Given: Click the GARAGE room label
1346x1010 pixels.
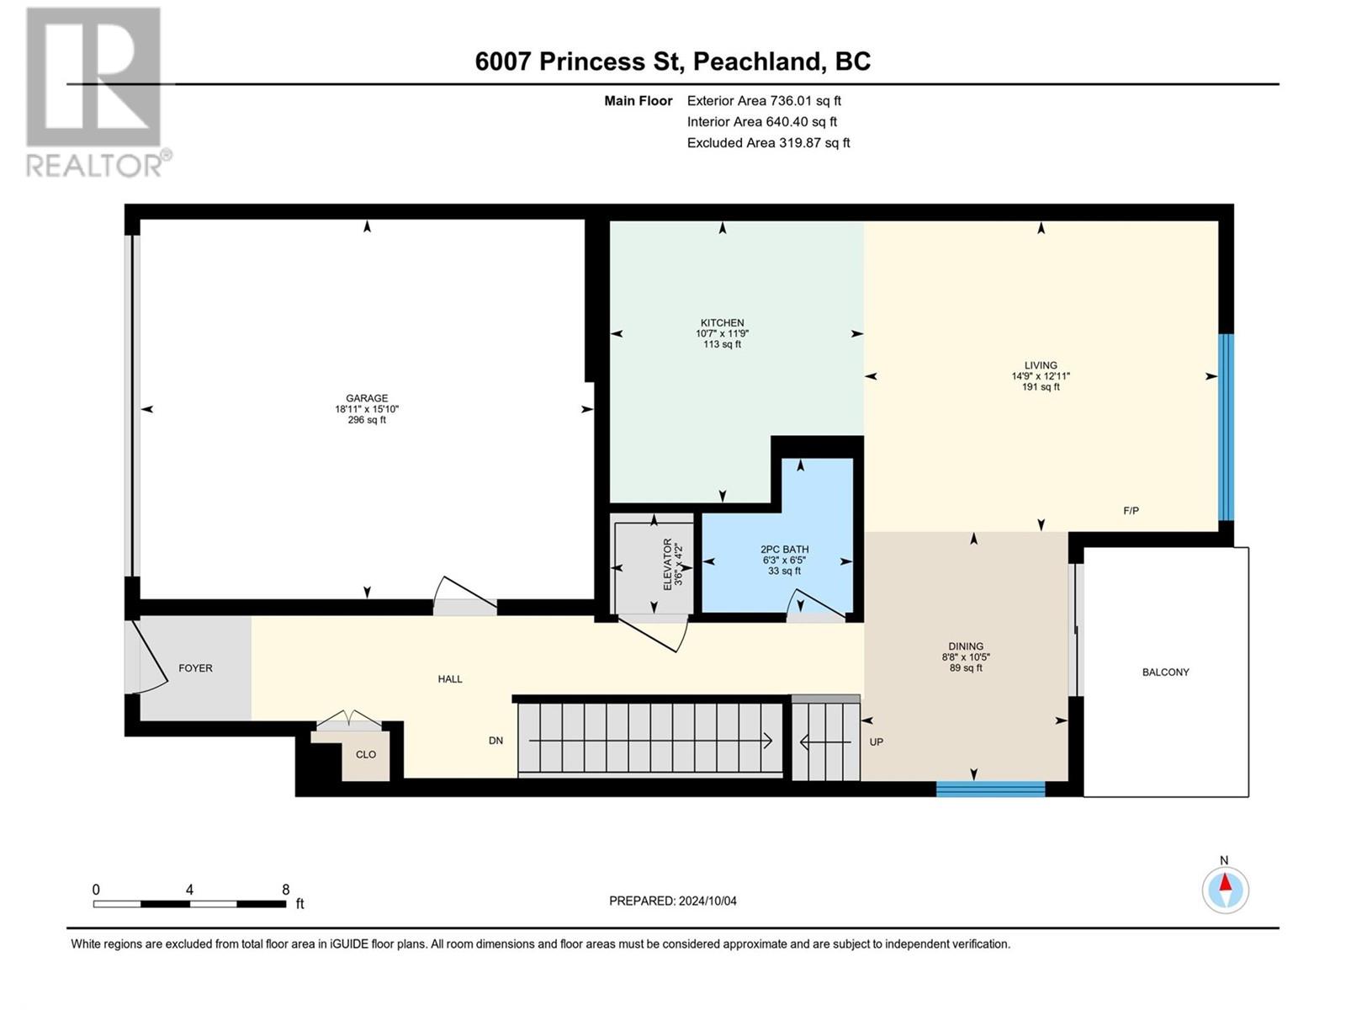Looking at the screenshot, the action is click(x=367, y=398).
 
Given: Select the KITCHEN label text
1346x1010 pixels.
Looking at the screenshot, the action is click(x=723, y=322).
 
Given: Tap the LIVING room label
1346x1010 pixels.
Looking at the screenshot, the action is click(x=1041, y=365).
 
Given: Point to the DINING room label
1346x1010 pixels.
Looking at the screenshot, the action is click(x=966, y=646).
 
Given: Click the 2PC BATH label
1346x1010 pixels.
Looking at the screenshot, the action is click(x=784, y=550).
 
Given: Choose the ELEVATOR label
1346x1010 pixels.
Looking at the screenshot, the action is click(x=667, y=564).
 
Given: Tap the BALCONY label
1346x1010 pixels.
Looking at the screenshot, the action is click(x=1165, y=672).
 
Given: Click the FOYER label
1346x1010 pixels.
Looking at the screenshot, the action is click(x=196, y=667).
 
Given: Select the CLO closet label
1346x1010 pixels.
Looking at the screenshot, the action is click(x=365, y=754).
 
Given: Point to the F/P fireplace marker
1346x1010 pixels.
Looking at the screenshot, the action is click(x=1131, y=510).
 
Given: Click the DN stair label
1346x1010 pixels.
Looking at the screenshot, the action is click(x=495, y=740).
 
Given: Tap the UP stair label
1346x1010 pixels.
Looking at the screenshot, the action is click(x=877, y=742).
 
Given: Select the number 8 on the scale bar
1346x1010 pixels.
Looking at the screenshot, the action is click(x=286, y=889).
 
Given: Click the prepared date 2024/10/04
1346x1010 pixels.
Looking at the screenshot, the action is click(x=707, y=901).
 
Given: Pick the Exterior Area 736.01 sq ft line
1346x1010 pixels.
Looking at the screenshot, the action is click(x=764, y=100).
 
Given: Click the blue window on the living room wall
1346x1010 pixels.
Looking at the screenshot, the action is click(x=1225, y=428).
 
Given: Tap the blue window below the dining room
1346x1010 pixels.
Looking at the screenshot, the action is click(x=990, y=789).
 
